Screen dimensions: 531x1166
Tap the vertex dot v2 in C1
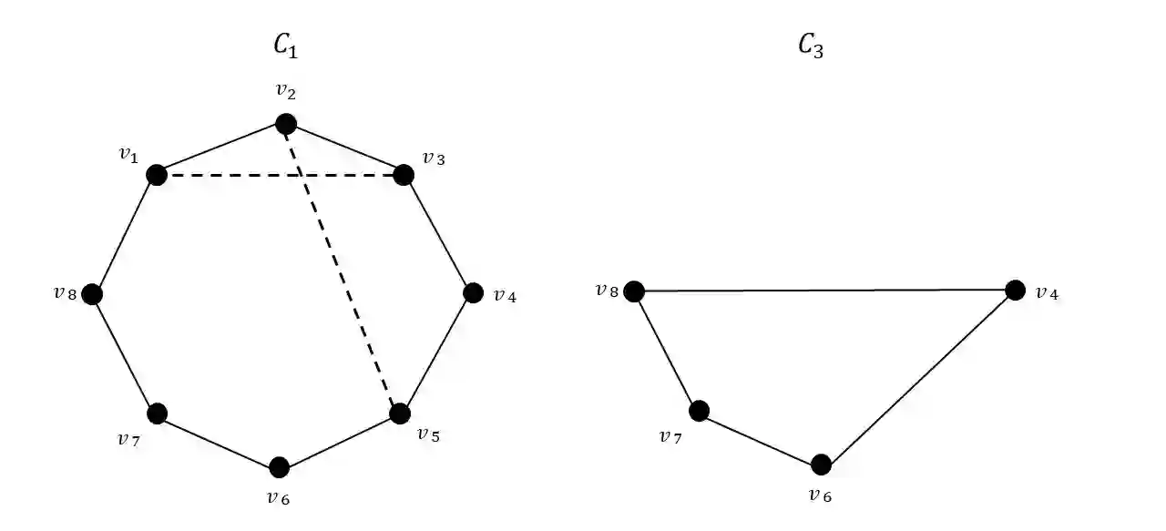point(286,123)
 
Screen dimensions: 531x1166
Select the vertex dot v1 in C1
point(157,175)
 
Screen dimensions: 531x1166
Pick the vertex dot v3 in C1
point(404,175)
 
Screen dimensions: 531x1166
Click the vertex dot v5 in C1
point(400,413)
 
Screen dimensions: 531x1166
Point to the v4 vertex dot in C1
point(473,293)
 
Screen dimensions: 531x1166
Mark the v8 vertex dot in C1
point(91,294)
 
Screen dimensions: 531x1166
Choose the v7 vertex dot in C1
point(158,414)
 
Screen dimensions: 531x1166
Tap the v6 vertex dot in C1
point(280,467)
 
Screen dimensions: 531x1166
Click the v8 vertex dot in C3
point(634,291)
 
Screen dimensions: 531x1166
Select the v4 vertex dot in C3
point(1015,291)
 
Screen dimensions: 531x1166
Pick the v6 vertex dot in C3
point(821,465)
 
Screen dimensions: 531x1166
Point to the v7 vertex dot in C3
point(699,411)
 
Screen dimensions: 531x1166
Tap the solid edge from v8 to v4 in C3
point(824,291)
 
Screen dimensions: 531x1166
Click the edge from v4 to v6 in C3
point(918,378)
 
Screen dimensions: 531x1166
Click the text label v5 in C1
point(428,434)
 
